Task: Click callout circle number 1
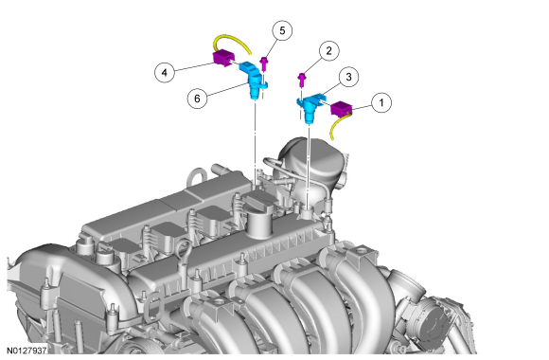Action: [x=381, y=102]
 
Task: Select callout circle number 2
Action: [x=328, y=51]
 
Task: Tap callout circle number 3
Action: [x=348, y=77]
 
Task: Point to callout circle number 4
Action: [x=164, y=73]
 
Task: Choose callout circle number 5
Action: [x=282, y=31]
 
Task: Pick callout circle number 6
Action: [x=197, y=99]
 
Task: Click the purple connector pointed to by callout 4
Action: [x=223, y=58]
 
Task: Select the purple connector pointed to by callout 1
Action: [x=341, y=108]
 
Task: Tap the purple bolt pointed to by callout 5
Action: [x=264, y=64]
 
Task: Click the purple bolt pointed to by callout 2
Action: [x=301, y=80]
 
